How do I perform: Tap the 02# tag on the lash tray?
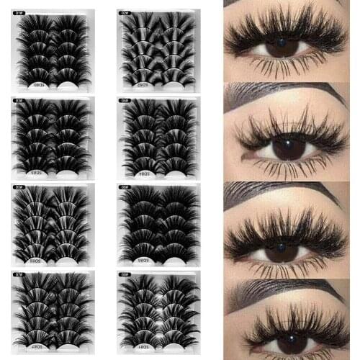click(x=127, y=10)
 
